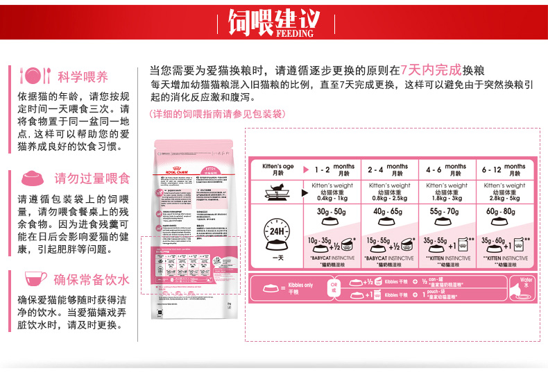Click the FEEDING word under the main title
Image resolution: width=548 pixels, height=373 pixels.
coord(295,32)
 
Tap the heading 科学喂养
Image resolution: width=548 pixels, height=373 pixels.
coord(83,76)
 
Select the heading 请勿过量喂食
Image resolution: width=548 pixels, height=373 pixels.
coord(92,178)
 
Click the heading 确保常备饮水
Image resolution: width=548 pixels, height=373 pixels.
coord(92,280)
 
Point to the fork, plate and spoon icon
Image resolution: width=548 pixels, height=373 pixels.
coord(35,76)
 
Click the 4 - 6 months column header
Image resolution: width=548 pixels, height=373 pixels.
coord(447,169)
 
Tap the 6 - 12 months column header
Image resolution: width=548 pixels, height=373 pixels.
coord(505,169)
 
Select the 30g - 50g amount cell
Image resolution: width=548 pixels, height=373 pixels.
coord(331,211)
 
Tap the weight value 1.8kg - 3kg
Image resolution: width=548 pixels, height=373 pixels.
coord(447,198)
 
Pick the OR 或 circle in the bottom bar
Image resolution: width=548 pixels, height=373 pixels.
coord(333,288)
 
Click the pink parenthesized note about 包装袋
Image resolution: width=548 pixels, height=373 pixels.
coord(216,114)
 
